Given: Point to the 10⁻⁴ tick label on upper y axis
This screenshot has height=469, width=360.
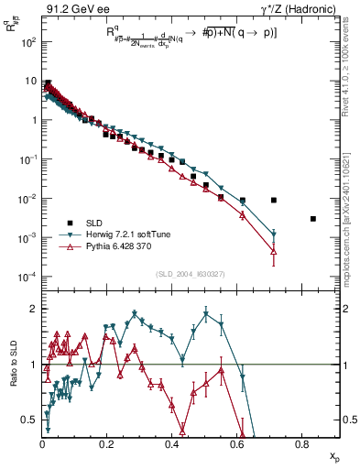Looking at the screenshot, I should click(x=27, y=277).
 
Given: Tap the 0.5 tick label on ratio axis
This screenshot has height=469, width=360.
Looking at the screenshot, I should click(x=29, y=420).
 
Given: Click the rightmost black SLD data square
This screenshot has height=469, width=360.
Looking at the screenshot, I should click(x=313, y=219).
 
